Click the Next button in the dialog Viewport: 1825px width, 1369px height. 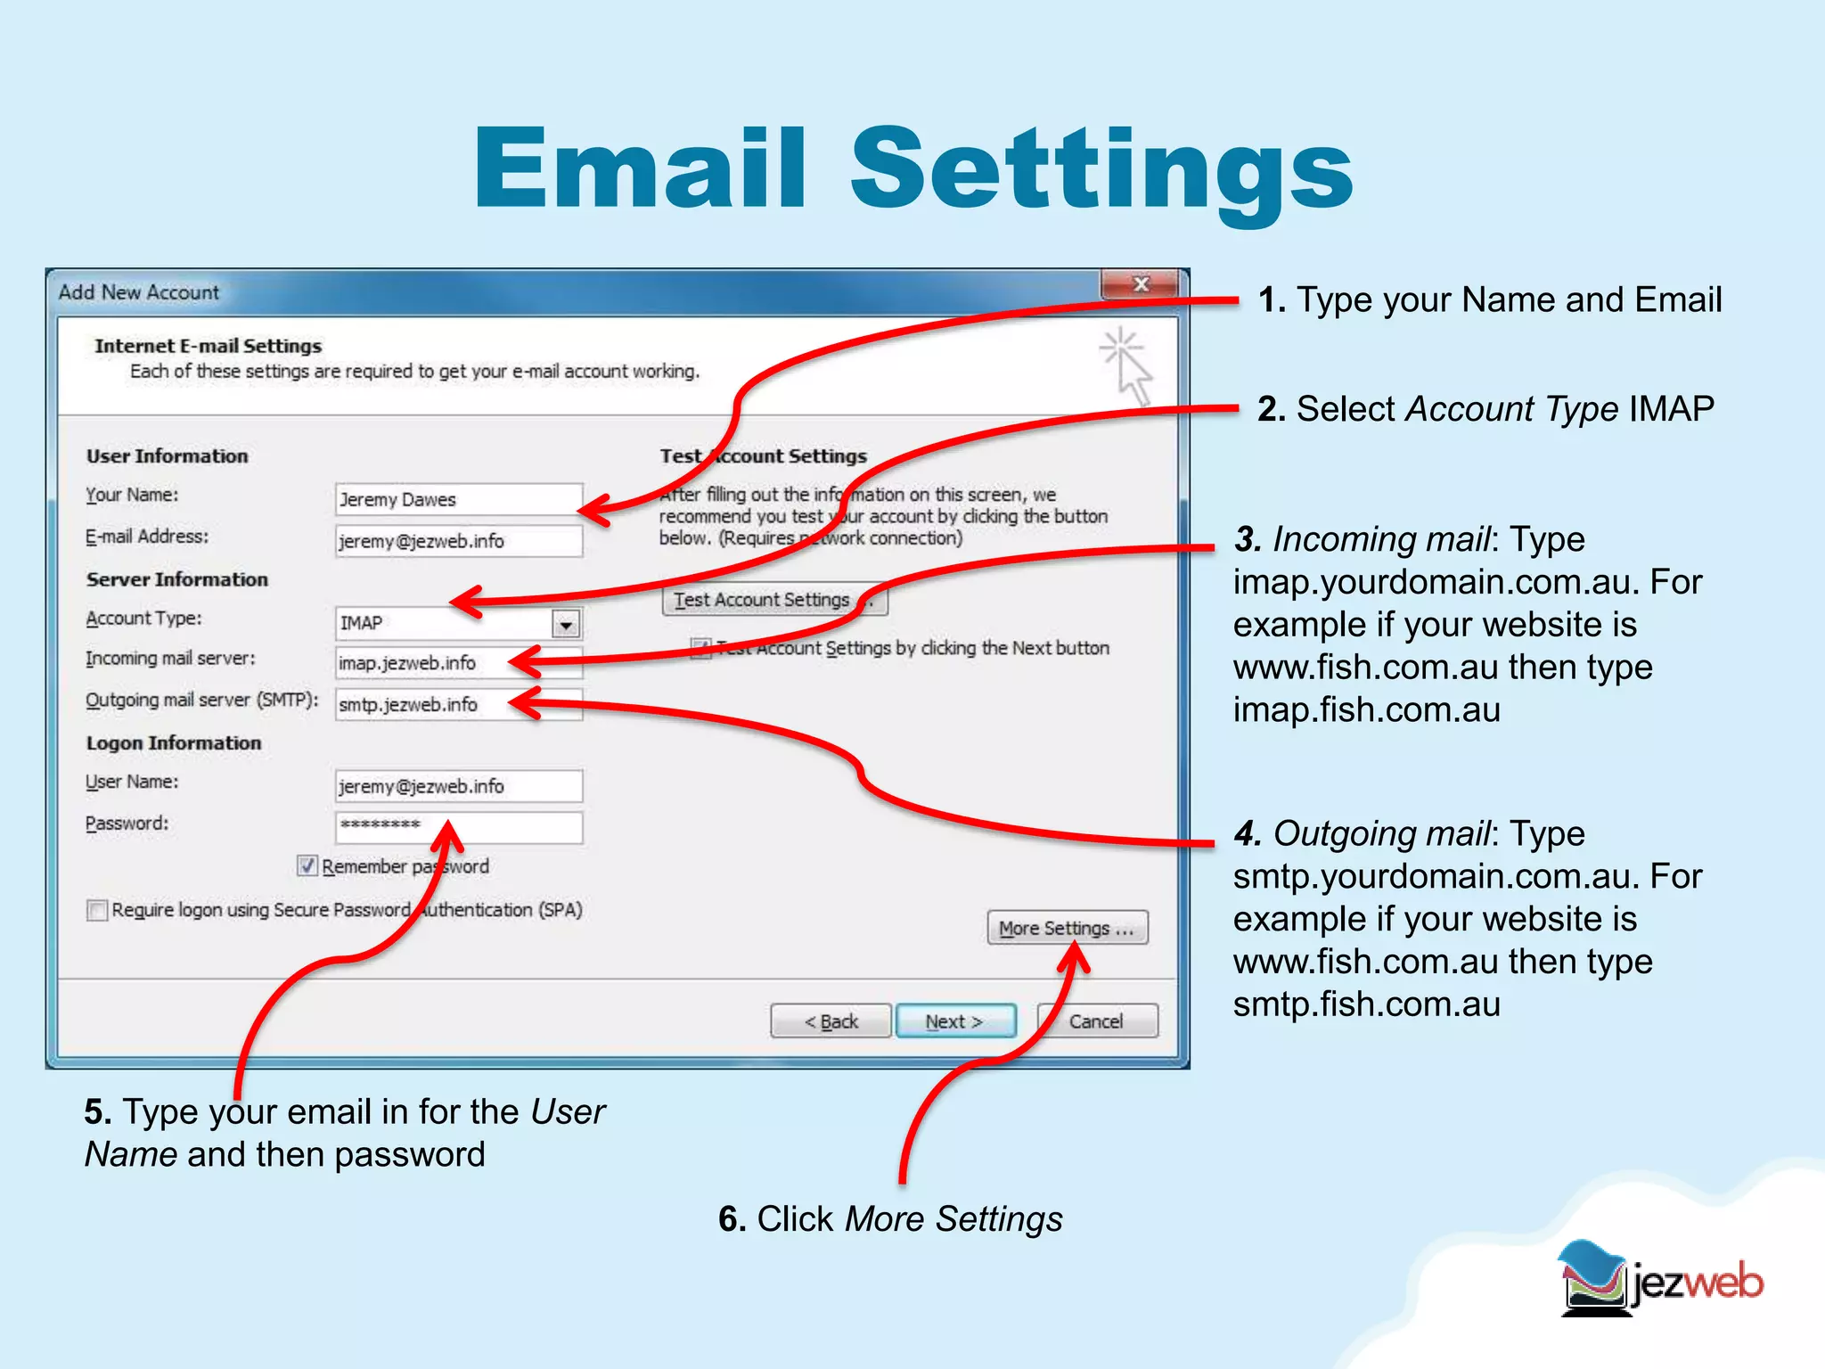tap(954, 1021)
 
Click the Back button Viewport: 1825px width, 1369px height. tap(831, 1021)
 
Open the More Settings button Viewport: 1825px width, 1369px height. tap(1067, 928)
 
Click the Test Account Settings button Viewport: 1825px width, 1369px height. tap(773, 600)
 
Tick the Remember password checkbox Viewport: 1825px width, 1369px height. tap(307, 865)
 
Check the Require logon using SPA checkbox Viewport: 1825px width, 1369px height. tap(97, 910)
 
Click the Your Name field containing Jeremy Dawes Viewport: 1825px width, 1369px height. tap(458, 499)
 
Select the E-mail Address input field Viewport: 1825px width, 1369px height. tap(458, 541)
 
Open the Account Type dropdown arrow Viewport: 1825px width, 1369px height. tap(566, 623)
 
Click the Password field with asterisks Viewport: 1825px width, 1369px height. tap(458, 826)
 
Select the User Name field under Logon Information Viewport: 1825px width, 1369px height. tap(458, 786)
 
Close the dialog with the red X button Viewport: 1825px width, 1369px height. tap(1140, 285)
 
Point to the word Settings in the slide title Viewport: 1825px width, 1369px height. tap(1101, 169)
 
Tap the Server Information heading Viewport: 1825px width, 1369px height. tap(176, 579)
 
